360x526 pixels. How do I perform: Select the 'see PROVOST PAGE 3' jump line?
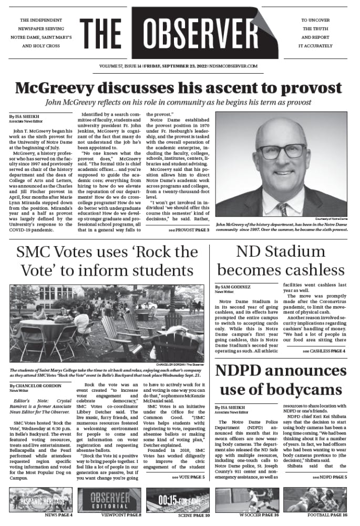click(189, 230)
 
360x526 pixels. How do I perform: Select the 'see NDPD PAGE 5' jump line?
click(330, 477)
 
